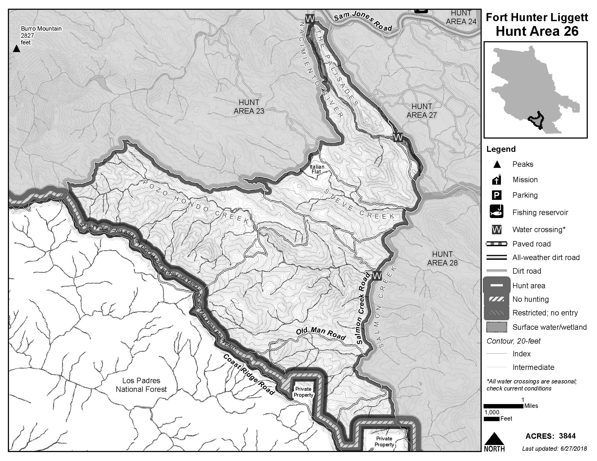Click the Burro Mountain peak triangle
pos(17,49)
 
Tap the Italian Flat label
pos(316,169)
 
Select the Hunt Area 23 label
pos(249,107)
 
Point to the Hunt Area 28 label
pos(442,258)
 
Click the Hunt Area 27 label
pos(421,111)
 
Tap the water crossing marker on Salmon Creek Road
pos(377,276)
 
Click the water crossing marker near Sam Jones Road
pos(310,19)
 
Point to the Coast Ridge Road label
pos(248,374)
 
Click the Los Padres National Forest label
pos(141,385)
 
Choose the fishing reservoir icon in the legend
pos(496,212)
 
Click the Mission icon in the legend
pos(496,180)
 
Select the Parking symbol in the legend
pos(496,195)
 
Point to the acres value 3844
pos(567,436)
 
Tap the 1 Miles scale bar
pos(503,406)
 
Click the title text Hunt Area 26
pos(537,31)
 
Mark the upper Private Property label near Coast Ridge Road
pos(303,392)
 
